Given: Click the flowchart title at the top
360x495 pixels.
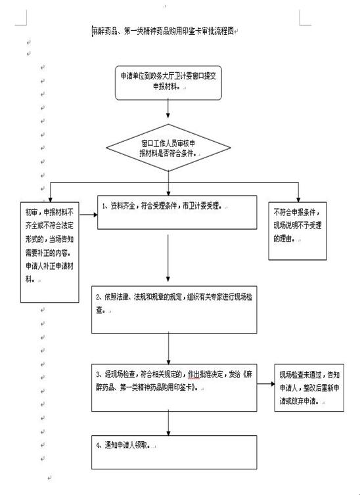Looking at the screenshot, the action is tap(163, 32).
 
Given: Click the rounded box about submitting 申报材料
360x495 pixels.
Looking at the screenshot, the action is tap(168, 83).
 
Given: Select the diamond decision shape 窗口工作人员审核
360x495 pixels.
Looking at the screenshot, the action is tap(168, 148).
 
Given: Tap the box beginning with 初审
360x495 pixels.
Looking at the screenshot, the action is tap(49, 252).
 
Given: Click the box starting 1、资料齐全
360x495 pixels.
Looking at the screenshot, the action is tap(177, 212).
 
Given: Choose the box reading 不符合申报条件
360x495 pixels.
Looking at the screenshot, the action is tap(298, 231).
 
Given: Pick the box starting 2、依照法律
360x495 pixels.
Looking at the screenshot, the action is tap(174, 309).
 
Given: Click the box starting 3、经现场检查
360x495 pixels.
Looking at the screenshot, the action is tap(174, 387).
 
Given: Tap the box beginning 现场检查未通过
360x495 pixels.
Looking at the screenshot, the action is tap(309, 387).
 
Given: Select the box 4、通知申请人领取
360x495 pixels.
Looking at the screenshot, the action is tap(174, 452).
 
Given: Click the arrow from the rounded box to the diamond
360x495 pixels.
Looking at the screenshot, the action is tap(168, 108).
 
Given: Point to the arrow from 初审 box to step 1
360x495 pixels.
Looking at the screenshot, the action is tap(89, 215).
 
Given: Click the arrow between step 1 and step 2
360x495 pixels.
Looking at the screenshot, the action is tap(168, 258).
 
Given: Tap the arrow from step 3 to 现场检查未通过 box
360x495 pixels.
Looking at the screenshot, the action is tap(266, 384).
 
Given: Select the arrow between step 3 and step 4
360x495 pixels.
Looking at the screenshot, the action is tap(168, 423).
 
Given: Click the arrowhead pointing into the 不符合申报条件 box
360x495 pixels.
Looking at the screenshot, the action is tap(298, 200).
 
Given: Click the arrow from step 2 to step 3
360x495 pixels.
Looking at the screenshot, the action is tap(168, 348).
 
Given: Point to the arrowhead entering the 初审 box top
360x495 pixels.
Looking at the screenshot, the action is tap(50, 200).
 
